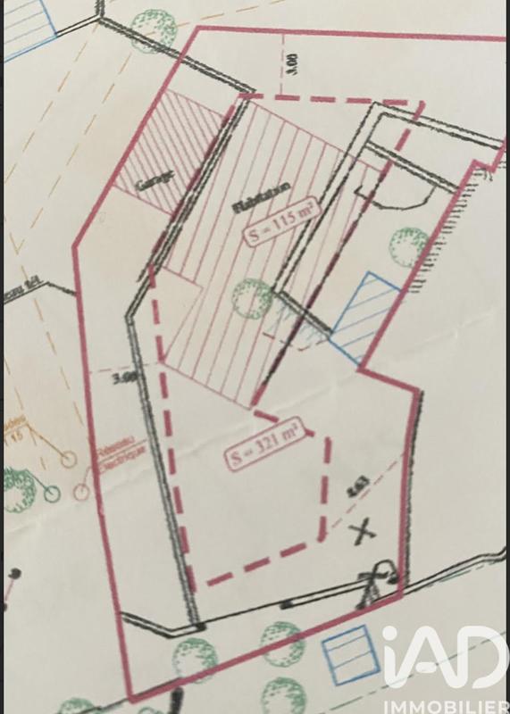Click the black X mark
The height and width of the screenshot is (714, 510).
click(x=362, y=534)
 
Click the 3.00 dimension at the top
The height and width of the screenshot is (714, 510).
click(x=295, y=63)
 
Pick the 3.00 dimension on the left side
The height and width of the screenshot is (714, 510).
click(x=125, y=378)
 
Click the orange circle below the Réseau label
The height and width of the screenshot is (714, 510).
click(x=82, y=492)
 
